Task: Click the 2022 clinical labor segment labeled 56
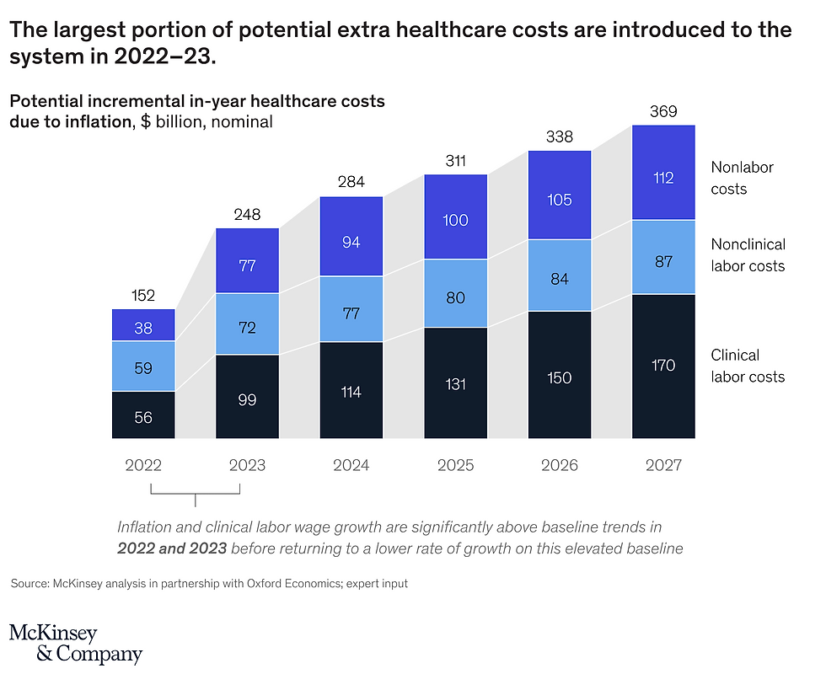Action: click(x=143, y=415)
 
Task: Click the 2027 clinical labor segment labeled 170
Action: click(x=663, y=366)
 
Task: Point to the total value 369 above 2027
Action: click(x=663, y=111)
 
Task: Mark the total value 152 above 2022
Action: click(x=143, y=296)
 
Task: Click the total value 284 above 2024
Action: click(x=351, y=183)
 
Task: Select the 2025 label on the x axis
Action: click(x=455, y=465)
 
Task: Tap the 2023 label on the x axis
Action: click(x=247, y=465)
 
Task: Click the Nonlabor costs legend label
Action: click(x=742, y=178)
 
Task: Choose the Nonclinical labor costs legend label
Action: click(x=748, y=255)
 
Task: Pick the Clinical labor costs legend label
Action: click(x=748, y=366)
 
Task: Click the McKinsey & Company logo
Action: click(x=76, y=644)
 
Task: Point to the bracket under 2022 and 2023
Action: click(x=196, y=493)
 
